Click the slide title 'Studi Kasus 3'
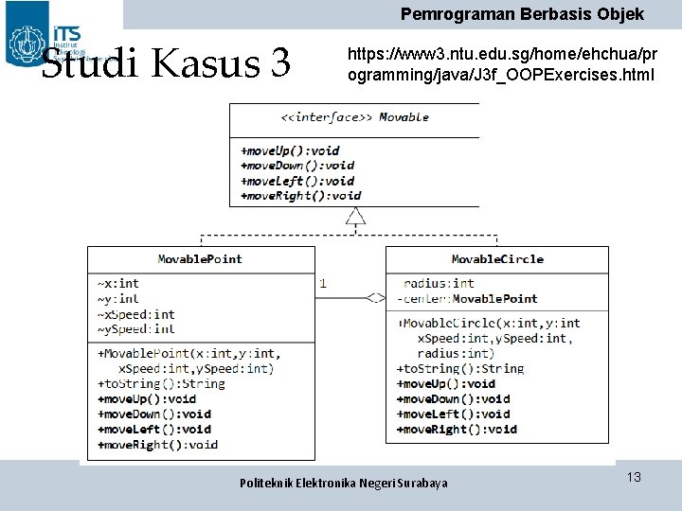click(x=167, y=63)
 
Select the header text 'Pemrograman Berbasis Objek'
click(x=522, y=14)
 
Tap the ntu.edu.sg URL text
click(x=501, y=63)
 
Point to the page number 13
click(x=634, y=477)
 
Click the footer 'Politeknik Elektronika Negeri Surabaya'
click(x=344, y=483)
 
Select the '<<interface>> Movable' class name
click(x=354, y=117)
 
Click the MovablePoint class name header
click(x=200, y=258)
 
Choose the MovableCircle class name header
click(x=497, y=258)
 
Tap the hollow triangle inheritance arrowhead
click(x=355, y=217)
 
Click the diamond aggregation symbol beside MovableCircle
click(x=375, y=298)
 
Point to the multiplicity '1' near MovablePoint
click(x=324, y=282)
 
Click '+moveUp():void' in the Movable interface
click(x=290, y=150)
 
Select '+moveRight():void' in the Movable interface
click(x=300, y=196)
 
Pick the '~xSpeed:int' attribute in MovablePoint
click(x=135, y=314)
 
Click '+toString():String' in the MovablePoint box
click(x=161, y=383)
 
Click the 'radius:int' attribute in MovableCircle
click(x=439, y=283)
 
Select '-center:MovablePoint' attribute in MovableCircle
click(x=467, y=298)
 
